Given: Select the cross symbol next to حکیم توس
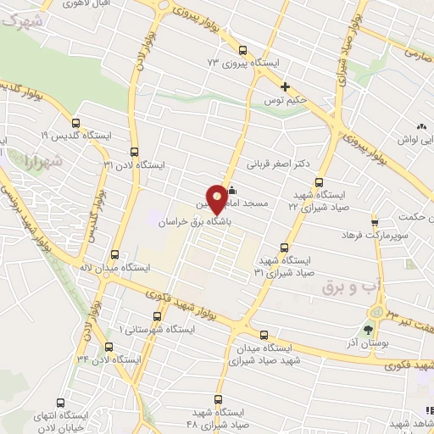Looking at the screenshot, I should (x=286, y=86).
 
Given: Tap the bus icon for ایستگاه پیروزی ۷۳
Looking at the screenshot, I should (x=244, y=50).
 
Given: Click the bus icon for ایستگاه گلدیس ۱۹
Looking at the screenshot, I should (x=75, y=123).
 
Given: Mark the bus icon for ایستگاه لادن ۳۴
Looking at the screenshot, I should (x=108, y=347).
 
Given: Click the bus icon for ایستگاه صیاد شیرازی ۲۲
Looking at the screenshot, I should (x=319, y=182).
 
